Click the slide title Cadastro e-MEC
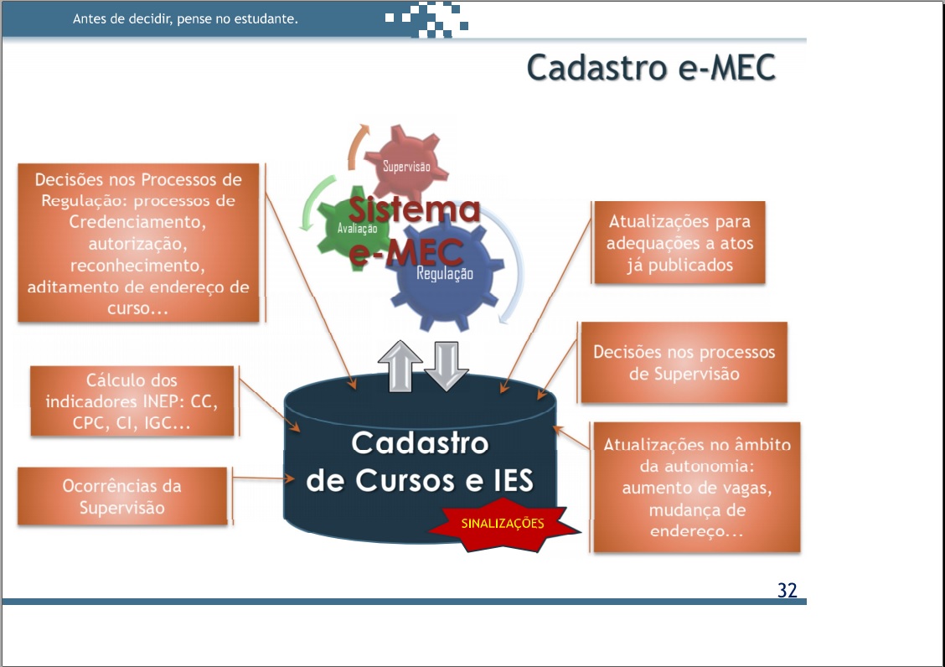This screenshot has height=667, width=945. click(651, 67)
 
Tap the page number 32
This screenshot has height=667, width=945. click(787, 590)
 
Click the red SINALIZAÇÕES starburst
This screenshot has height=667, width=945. click(503, 524)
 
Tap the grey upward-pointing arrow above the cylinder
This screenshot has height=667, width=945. click(400, 365)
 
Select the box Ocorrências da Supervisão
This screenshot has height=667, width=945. click(122, 496)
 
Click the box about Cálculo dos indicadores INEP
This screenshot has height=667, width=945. click(132, 401)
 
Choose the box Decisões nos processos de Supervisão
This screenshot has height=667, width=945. click(684, 363)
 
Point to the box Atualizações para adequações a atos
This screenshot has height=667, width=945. click(679, 242)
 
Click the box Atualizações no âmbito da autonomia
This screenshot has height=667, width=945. click(697, 488)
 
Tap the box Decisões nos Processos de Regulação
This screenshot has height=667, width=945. click(138, 243)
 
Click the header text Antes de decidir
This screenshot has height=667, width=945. click(185, 18)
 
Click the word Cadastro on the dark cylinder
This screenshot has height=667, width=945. click(420, 443)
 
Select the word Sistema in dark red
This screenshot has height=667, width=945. click(414, 209)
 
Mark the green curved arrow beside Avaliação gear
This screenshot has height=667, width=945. click(312, 202)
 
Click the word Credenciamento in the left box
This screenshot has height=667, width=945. click(137, 222)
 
